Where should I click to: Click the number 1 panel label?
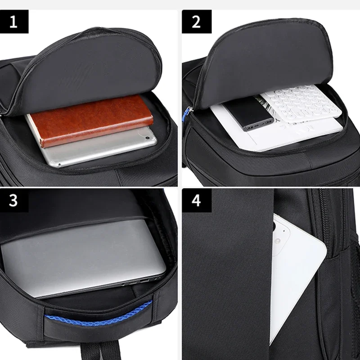(13, 21)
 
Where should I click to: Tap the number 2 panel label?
(196, 21)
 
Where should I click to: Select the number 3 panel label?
(13, 200)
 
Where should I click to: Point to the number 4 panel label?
(196, 200)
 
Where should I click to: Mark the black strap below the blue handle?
(110, 349)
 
